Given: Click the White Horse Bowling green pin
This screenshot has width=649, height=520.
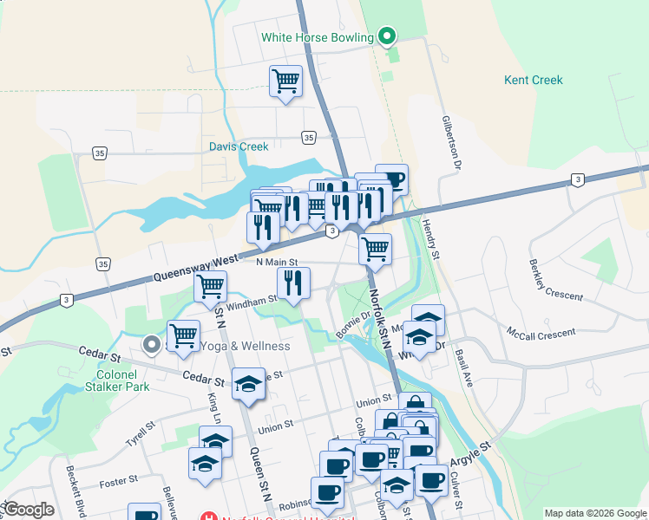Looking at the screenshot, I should (x=388, y=36).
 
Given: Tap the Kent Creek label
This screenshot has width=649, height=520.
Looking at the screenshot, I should (x=534, y=81).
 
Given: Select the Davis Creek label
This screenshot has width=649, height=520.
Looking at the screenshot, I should (x=239, y=146).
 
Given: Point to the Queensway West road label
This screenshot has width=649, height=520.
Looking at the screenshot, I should (x=196, y=268).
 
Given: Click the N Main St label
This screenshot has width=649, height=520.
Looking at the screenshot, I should (x=278, y=262).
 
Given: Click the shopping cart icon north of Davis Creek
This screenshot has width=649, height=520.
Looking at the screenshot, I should (x=285, y=81).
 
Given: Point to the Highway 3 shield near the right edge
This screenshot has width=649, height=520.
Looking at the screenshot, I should (x=577, y=179).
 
